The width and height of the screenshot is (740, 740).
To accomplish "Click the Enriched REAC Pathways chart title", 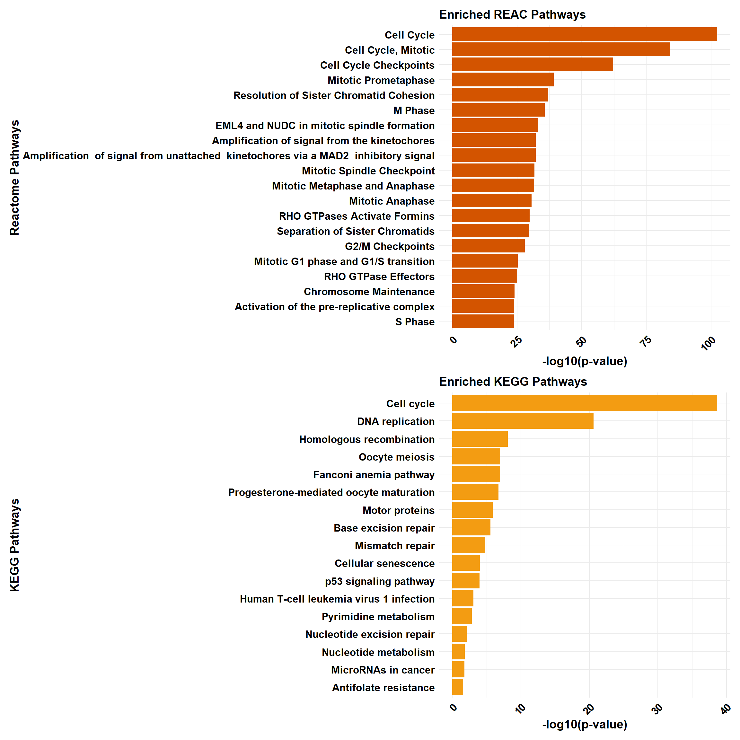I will click(512, 14).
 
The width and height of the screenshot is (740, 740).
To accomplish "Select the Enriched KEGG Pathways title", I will click(513, 382).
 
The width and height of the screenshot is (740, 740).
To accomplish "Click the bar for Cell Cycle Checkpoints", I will click(533, 64).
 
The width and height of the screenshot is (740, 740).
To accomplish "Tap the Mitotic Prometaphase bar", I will click(503, 80).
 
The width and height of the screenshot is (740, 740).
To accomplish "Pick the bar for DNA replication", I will click(523, 421).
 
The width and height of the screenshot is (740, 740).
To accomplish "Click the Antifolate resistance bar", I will click(457, 687).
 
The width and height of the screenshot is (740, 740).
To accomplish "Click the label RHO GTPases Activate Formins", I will click(357, 216).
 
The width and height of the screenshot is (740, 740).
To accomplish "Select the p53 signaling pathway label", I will click(380, 581).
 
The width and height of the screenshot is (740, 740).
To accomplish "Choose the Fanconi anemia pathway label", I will click(374, 475).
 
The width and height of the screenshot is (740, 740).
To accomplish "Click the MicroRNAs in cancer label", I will click(383, 670).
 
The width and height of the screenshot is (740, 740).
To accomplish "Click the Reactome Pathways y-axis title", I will click(14, 178).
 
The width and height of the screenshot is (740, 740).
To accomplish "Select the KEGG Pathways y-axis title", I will click(14, 545).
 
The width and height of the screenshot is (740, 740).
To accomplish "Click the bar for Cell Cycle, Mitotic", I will click(561, 49).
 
